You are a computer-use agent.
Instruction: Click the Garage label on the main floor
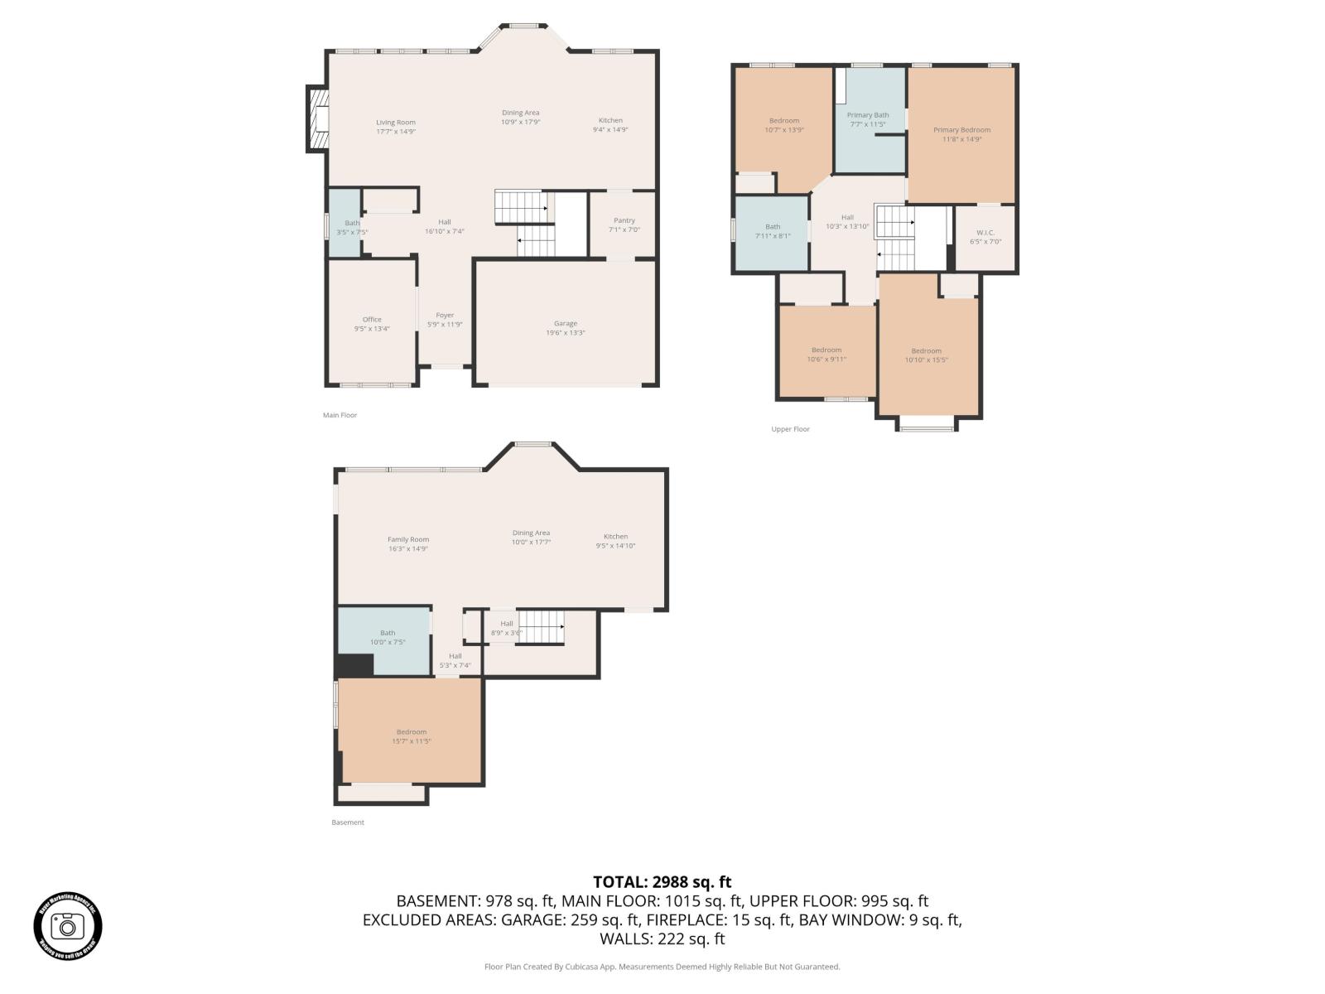(566, 324)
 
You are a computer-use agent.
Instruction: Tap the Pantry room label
(624, 220)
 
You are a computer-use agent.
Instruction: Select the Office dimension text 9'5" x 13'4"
(372, 329)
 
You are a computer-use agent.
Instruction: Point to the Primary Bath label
(868, 115)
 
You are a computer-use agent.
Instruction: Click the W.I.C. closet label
(985, 233)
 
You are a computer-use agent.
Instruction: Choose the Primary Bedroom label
(961, 130)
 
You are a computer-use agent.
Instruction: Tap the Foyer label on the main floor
(445, 315)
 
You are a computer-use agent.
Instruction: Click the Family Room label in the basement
(408, 539)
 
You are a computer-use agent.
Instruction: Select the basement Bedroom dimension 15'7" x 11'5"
(412, 741)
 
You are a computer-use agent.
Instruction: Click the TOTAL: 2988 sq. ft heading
(662, 882)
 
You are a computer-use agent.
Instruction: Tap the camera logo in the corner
(68, 926)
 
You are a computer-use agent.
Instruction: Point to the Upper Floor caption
(790, 429)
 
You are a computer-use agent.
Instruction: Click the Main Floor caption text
(340, 415)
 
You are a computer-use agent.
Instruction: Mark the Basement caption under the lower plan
(348, 823)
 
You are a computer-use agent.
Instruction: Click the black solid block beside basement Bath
(354, 665)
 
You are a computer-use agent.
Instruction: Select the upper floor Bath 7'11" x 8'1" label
(773, 231)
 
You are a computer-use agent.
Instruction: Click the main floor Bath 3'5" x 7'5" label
(352, 228)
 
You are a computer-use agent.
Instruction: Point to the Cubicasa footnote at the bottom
(662, 967)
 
